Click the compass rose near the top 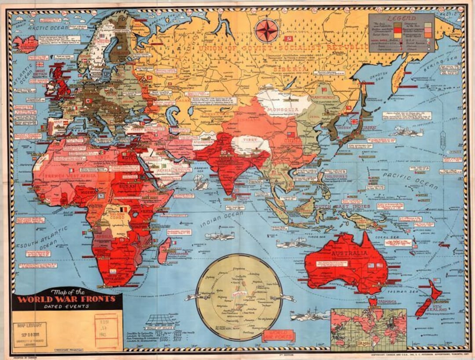coord(267,31)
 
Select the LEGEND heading coord(401,18)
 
